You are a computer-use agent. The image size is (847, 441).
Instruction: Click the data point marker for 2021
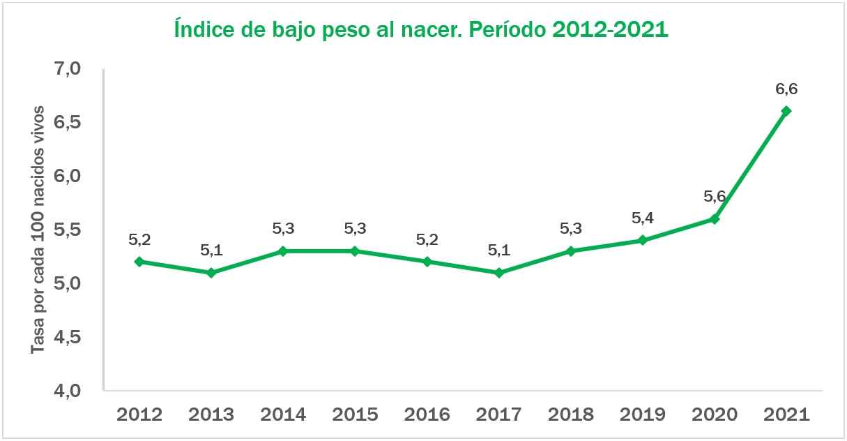[x=786, y=111]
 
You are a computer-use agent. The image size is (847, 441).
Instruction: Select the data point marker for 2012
[x=139, y=262]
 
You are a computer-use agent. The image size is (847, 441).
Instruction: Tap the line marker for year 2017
[x=498, y=273]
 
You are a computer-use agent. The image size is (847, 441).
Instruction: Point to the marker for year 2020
[x=714, y=219]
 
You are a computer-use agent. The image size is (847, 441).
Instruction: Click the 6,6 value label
[x=786, y=89]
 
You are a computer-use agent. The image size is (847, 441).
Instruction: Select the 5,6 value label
[x=715, y=197]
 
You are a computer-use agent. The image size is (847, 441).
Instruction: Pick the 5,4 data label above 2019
[x=643, y=218]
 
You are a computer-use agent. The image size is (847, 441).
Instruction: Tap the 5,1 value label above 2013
[x=211, y=251]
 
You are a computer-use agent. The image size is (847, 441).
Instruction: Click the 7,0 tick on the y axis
[x=67, y=69]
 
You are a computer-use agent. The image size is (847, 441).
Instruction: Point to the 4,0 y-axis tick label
[x=67, y=391]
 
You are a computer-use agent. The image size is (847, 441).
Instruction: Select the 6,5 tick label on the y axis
[x=67, y=123]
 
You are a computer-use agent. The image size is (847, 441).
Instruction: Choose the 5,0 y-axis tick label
[x=67, y=284]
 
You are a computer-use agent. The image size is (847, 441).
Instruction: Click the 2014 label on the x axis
[x=283, y=414]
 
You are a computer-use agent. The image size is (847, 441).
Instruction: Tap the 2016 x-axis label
[x=427, y=414]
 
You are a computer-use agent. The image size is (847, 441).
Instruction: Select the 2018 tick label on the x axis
[x=570, y=414]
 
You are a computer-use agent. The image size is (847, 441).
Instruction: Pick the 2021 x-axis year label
[x=786, y=414]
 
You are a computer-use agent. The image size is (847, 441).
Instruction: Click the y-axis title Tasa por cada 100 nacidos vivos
[x=39, y=230]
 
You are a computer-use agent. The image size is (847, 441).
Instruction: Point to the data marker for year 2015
[x=355, y=251]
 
